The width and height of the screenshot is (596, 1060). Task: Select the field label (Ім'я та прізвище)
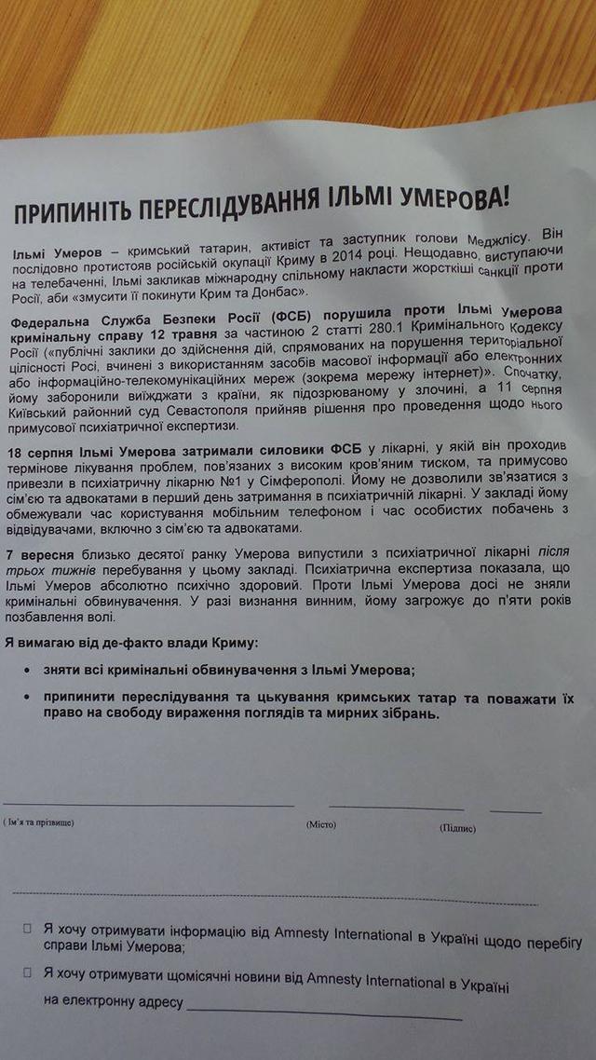[38, 822]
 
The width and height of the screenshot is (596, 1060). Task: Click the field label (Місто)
[322, 823]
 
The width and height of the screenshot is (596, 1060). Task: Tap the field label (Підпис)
[457, 827]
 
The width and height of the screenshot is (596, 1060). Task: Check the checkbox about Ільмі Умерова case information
[28, 928]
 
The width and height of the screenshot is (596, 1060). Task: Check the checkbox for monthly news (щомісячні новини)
[27, 972]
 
